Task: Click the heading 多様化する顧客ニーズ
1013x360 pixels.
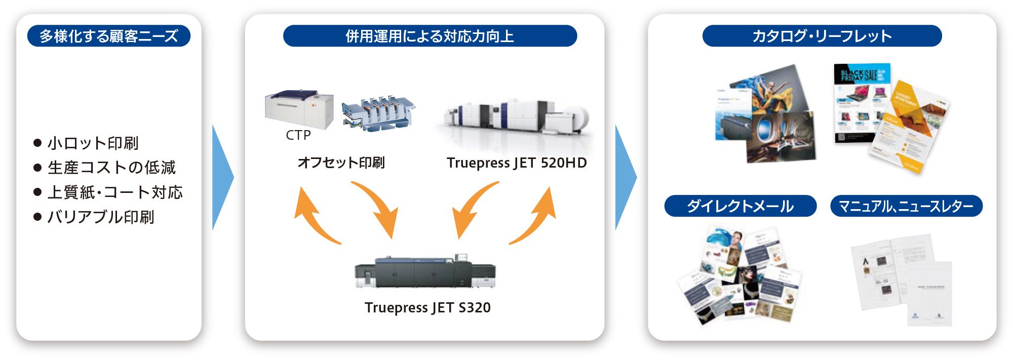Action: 109,36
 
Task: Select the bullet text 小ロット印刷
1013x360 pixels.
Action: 93,143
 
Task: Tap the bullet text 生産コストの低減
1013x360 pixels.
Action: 111,168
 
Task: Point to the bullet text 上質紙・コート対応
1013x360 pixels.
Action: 114,192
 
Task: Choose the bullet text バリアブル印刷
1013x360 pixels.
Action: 100,217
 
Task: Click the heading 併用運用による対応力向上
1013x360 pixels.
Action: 430,36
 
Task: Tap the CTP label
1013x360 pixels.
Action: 298,135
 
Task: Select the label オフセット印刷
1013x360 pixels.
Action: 341,163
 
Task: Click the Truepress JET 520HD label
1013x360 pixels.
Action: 517,163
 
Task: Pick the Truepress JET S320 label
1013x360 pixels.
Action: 427,308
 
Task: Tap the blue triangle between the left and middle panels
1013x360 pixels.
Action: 221,177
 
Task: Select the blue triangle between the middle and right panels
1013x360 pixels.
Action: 625,177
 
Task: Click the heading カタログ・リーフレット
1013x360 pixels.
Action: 822,36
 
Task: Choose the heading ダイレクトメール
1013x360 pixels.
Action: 740,206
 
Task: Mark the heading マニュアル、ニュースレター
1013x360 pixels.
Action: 906,206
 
